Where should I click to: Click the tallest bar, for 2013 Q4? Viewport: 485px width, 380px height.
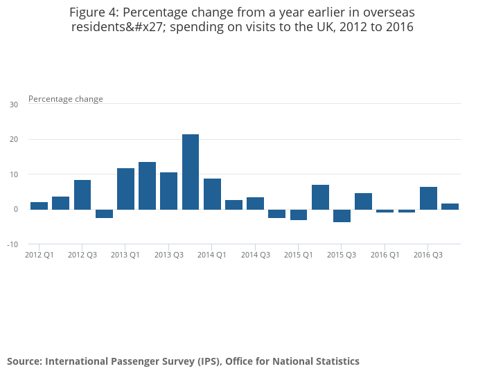[x=191, y=172]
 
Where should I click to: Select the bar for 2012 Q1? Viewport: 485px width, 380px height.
[x=39, y=206]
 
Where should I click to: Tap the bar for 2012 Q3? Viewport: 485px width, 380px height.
[x=82, y=194]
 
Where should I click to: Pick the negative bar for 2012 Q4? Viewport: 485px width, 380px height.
[x=104, y=213]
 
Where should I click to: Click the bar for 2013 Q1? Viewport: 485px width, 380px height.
[x=125, y=188]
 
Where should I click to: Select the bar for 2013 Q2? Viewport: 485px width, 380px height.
[x=147, y=186]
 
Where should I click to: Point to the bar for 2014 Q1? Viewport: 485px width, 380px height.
[x=212, y=194]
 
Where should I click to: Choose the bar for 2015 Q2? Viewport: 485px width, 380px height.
[x=320, y=197]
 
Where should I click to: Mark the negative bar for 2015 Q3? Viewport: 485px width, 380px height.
[x=342, y=215]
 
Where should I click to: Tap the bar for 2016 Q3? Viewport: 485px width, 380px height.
[x=428, y=198]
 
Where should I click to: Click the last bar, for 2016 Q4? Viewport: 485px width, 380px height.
[x=450, y=206]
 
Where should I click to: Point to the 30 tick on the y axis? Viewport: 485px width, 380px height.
[x=14, y=105]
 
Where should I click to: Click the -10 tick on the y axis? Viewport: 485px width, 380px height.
[x=12, y=244]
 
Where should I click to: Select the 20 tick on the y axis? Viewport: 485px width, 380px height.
[x=14, y=139]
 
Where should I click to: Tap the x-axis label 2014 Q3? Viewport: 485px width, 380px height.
[x=256, y=255]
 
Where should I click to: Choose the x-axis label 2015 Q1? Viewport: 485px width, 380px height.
[x=298, y=255]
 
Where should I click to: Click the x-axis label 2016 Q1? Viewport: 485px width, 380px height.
[x=385, y=255]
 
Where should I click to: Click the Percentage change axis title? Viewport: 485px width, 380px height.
[x=66, y=99]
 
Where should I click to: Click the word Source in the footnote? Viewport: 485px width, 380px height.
[x=24, y=361]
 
